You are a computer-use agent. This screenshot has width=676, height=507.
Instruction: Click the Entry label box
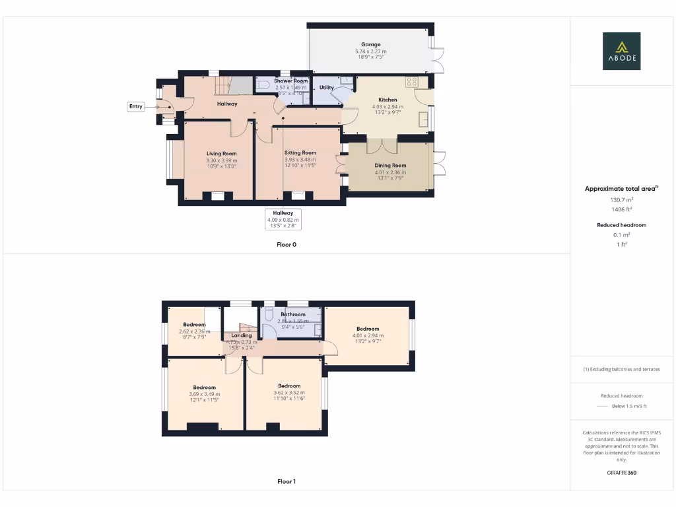click(x=135, y=106)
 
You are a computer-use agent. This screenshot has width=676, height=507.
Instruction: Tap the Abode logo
click(x=621, y=51)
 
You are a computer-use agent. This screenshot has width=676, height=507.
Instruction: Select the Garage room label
click(x=370, y=45)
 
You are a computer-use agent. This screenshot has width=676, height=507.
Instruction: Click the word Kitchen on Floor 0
click(x=388, y=100)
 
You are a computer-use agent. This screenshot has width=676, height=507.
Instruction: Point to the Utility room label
click(x=326, y=87)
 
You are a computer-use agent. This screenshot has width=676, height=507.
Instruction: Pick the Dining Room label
click(x=391, y=166)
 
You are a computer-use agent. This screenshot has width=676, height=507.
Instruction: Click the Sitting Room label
click(x=300, y=152)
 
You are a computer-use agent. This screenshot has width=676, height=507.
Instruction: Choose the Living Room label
click(x=221, y=153)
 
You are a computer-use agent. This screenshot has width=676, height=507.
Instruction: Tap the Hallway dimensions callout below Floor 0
click(x=283, y=219)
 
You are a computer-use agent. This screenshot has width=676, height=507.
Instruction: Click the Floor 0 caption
click(x=287, y=244)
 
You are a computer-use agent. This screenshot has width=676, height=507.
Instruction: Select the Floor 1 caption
click(x=287, y=481)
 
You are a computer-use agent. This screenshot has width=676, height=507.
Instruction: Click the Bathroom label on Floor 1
click(x=292, y=314)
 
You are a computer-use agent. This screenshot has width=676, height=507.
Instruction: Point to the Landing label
click(x=242, y=335)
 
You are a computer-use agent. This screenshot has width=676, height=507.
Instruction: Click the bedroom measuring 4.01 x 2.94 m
click(x=368, y=329)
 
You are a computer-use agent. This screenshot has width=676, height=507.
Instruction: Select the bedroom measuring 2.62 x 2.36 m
click(x=194, y=325)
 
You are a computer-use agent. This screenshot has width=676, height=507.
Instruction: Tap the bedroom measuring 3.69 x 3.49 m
click(x=205, y=388)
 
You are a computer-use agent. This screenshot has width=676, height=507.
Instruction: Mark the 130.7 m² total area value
click(x=621, y=199)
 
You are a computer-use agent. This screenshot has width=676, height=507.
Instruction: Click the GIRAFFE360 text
click(x=621, y=473)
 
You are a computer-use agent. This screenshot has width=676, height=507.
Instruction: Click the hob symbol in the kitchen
click(x=413, y=82)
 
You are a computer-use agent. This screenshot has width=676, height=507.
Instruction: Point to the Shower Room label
click(x=291, y=81)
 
